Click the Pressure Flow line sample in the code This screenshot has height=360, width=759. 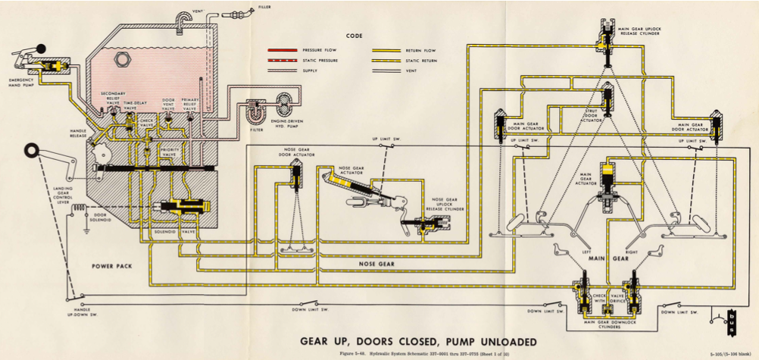281,49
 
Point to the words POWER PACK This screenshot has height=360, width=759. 113,267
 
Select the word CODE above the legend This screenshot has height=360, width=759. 354,35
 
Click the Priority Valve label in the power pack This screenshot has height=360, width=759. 170,152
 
